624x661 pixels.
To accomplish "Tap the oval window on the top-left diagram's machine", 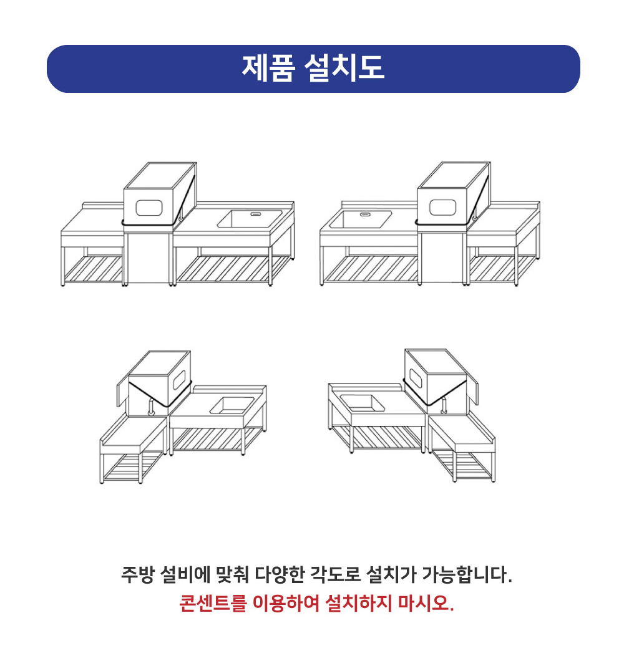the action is pyautogui.click(x=148, y=208).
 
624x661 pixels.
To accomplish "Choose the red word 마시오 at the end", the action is pyautogui.click(x=426, y=604).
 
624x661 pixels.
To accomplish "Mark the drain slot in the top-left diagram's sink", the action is pyautogui.click(x=256, y=214).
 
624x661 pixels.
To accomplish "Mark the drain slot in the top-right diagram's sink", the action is pyautogui.click(x=365, y=214).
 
